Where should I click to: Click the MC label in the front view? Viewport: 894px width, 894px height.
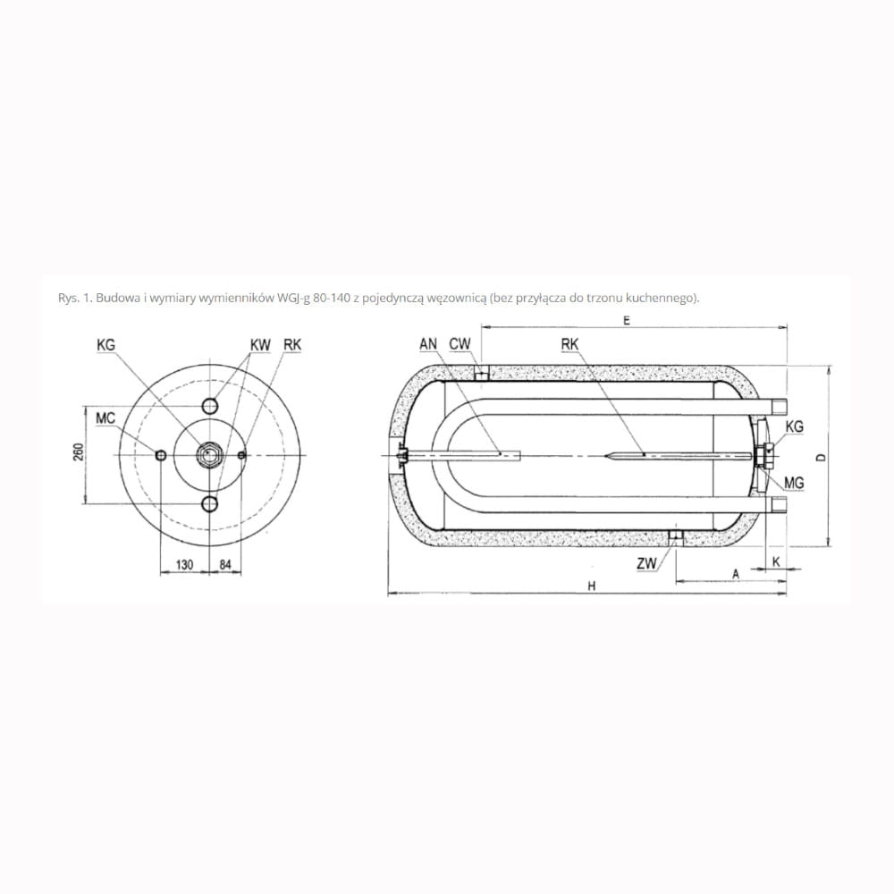pyautogui.click(x=105, y=418)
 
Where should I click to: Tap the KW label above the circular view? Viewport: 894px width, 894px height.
pyautogui.click(x=260, y=345)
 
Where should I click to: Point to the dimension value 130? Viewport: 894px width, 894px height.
pyautogui.click(x=184, y=564)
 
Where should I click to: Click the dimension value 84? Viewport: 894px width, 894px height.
pyautogui.click(x=225, y=564)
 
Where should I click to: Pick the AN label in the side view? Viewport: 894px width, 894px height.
pyautogui.click(x=428, y=344)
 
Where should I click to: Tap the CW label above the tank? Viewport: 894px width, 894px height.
pyautogui.click(x=460, y=344)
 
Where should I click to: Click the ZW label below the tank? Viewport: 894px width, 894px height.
pyautogui.click(x=647, y=564)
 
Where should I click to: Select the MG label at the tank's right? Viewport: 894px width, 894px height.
pyautogui.click(x=794, y=484)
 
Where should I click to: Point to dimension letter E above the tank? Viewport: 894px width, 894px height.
pyautogui.click(x=628, y=320)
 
